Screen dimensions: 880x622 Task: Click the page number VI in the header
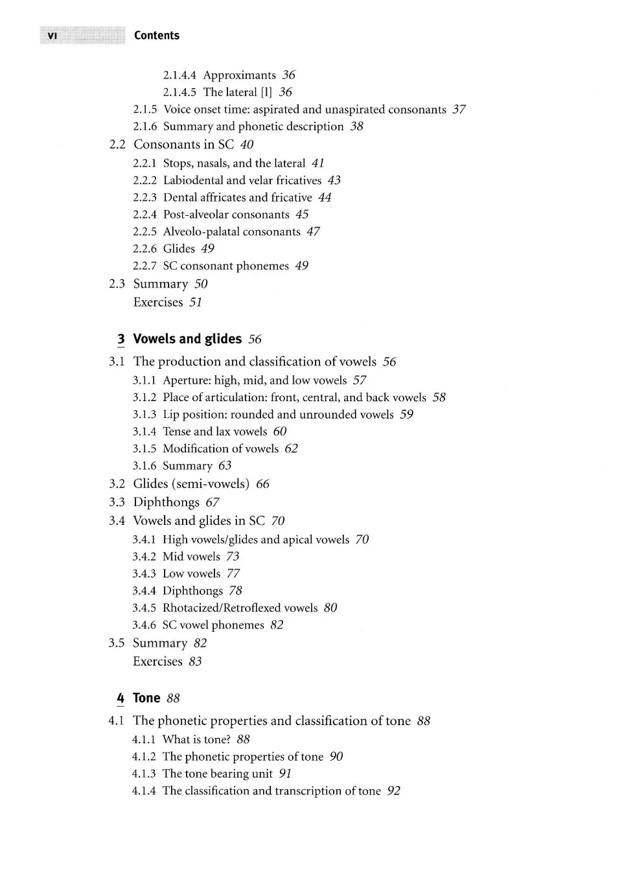[52, 36]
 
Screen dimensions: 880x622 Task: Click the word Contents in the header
[157, 36]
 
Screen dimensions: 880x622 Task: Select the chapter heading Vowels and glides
[187, 339]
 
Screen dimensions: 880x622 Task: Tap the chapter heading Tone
[146, 698]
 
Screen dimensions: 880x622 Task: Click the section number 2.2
[117, 145]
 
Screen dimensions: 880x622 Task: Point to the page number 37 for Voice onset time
[459, 110]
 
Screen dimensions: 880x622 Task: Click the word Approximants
[239, 75]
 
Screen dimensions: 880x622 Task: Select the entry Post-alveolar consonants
[226, 214]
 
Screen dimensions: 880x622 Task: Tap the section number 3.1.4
[144, 432]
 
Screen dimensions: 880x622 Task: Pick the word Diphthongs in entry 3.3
[167, 502]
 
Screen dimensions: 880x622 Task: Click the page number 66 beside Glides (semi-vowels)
[262, 484]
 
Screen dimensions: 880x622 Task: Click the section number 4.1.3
[144, 774]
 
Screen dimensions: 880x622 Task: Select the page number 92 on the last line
[394, 791]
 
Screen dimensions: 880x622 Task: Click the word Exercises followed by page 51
[158, 302]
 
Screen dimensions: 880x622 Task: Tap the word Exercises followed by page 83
[157, 662]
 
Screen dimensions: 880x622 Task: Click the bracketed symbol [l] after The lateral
[266, 92]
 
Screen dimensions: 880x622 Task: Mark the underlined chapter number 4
[121, 699]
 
